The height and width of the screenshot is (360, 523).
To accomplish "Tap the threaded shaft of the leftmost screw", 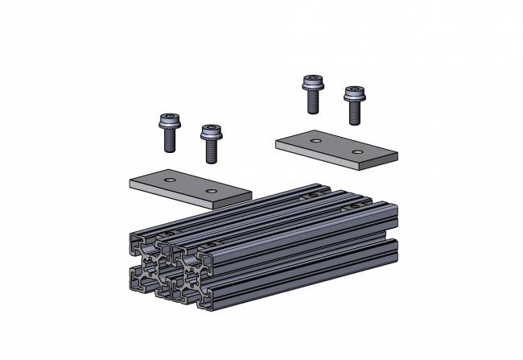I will click(x=171, y=142).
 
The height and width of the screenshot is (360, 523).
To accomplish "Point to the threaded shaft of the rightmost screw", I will click(x=354, y=114).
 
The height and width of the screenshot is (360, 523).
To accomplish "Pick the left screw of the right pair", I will click(x=312, y=93).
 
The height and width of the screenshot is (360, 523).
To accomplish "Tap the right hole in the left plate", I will click(x=211, y=192).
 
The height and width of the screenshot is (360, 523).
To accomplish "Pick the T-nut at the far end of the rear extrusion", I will click(x=307, y=196).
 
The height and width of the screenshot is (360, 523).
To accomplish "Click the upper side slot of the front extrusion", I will click(x=298, y=242).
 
